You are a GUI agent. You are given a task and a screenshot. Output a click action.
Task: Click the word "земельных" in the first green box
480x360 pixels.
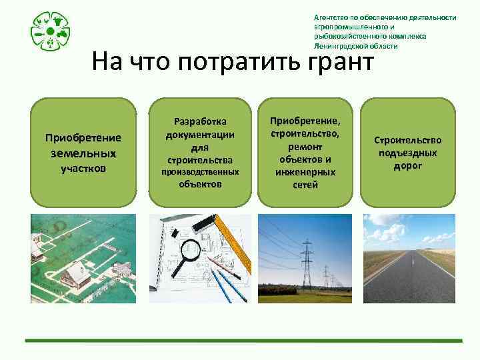(83, 153)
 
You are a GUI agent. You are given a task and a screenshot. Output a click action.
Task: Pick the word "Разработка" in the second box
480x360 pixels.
(200, 121)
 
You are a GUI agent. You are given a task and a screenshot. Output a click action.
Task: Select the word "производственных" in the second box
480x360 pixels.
(200, 171)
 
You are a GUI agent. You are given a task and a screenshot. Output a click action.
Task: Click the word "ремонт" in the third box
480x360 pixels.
(305, 147)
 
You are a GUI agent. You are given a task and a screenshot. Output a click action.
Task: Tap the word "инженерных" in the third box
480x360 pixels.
(305, 172)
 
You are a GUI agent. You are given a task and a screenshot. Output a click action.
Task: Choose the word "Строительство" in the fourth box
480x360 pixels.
(407, 141)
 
